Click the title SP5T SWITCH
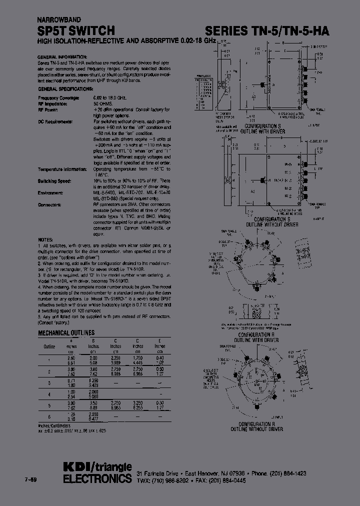point(76,31)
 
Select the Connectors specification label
point(49,204)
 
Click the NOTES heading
point(46,240)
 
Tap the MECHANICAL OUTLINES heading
point(66,332)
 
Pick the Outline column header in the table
point(49,346)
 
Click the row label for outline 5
point(49,404)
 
